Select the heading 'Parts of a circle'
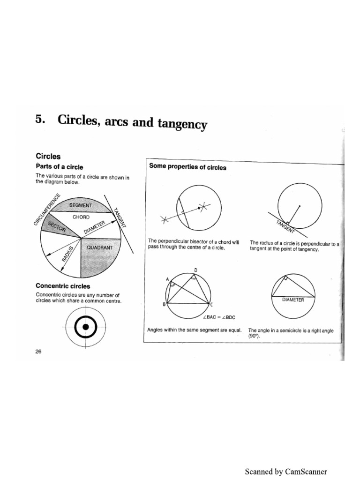point(60,166)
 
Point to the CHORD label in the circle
point(81,217)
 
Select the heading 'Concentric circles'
point(63,285)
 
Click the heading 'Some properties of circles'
point(187,167)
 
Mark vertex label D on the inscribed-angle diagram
point(196,270)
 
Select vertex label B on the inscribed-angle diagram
point(163,305)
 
